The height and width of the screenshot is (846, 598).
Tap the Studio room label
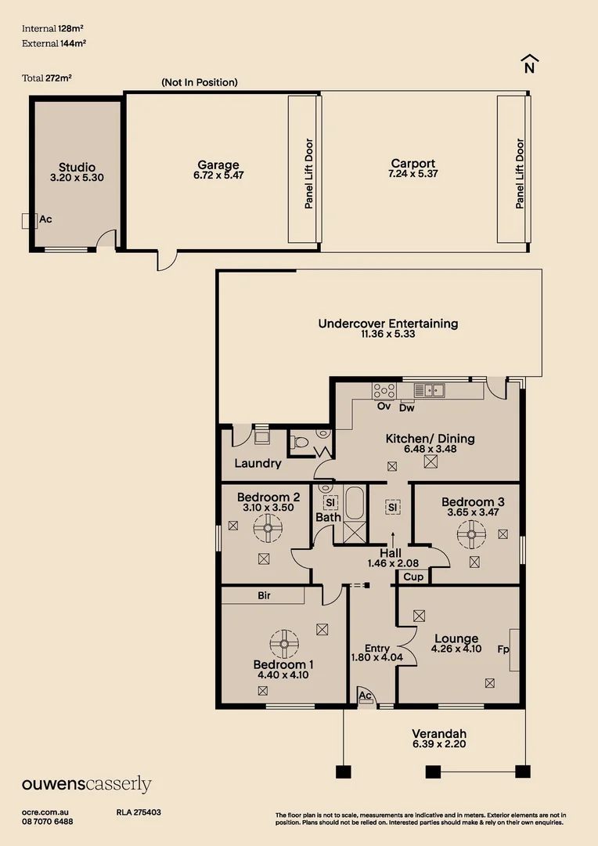[x=77, y=167]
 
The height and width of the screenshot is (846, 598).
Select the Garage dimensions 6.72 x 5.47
[x=218, y=176]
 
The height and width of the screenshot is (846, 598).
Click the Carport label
[x=412, y=164]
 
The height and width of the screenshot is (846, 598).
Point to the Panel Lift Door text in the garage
[x=309, y=174]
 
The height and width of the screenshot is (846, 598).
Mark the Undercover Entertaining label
[x=387, y=324]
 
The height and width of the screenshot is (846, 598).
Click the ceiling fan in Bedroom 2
[x=267, y=529]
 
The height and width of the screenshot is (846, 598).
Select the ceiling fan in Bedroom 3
[x=472, y=537]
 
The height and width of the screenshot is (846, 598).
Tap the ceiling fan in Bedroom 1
[x=283, y=644]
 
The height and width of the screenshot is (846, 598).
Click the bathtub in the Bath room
[x=355, y=503]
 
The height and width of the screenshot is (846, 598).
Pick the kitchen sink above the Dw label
[x=429, y=389]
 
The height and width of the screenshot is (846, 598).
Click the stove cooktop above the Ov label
[x=384, y=389]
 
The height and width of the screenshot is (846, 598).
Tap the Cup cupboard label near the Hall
[x=413, y=577]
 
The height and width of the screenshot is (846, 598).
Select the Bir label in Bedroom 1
[x=264, y=596]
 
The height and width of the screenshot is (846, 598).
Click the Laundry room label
[x=258, y=464]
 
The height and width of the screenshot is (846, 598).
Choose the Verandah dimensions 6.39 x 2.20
[x=439, y=744]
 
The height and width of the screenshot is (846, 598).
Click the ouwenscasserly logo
[x=86, y=785]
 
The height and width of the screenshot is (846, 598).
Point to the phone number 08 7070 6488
[x=48, y=822]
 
